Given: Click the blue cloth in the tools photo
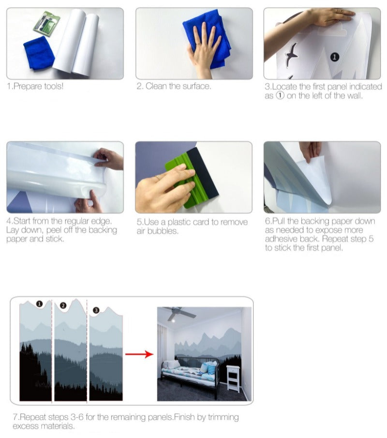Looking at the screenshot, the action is [39, 53].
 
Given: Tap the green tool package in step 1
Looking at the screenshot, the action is [46, 24].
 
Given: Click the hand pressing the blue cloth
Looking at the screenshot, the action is [204, 51].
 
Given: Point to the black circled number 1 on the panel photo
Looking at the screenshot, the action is [334, 57].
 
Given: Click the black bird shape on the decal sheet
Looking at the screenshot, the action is [291, 55].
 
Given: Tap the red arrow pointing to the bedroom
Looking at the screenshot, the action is [139, 354].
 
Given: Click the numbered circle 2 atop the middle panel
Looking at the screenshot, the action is [63, 305].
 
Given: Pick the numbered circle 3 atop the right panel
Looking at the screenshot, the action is [96, 310].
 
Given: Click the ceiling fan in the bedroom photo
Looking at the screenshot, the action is [178, 313].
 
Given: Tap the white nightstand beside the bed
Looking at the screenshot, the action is [233, 379].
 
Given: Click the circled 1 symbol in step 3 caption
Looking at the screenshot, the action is [280, 95].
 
